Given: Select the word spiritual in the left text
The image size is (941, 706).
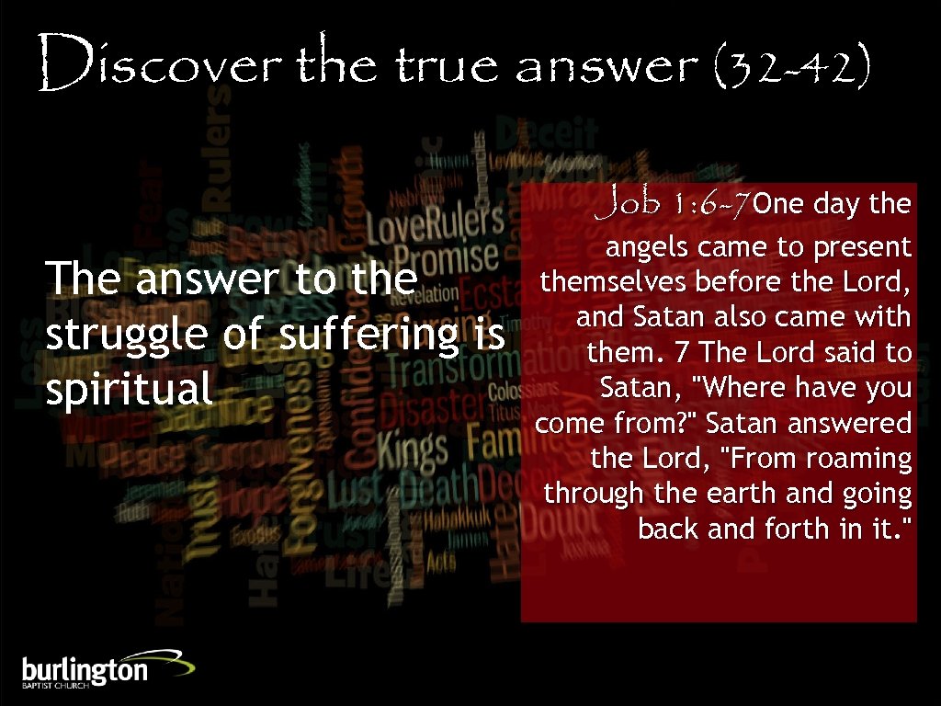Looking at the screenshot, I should (x=130, y=389).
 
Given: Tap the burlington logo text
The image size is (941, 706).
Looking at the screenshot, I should (x=85, y=669).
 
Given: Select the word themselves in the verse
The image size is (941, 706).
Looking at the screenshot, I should (x=615, y=282).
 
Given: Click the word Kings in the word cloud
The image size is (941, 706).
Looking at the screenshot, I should (x=413, y=449).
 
